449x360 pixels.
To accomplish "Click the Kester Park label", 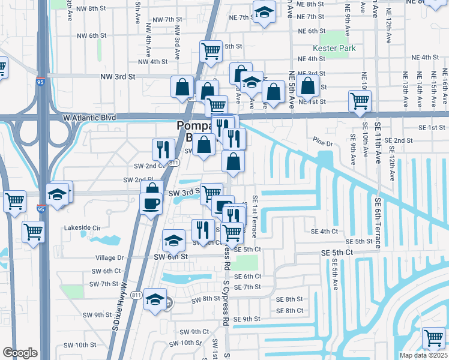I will (334, 49).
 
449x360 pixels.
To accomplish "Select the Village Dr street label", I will (109, 257).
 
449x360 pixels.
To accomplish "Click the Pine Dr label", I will (322, 143).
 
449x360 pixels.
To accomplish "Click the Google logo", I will (20, 353).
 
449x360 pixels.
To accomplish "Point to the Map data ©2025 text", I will (423, 355).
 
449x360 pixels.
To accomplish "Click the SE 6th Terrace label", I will (379, 223).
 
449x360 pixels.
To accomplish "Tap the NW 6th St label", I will (89, 36).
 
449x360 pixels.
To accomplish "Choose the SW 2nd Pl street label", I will (134, 179).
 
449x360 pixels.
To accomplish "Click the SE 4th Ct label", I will (324, 231).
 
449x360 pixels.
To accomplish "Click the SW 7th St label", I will (105, 284).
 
